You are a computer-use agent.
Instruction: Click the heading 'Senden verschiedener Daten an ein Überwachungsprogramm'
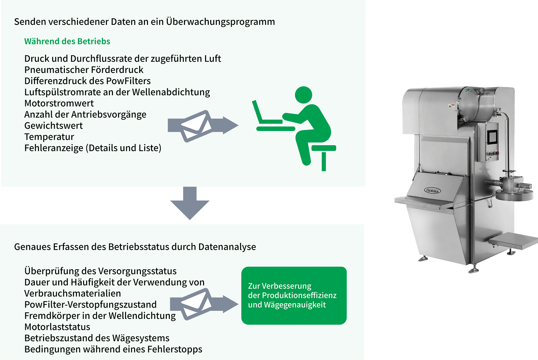[145, 22]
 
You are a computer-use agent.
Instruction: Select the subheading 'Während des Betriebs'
[67, 41]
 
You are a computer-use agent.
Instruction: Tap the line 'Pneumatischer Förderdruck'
[84, 70]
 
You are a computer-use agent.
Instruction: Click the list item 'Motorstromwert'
[59, 103]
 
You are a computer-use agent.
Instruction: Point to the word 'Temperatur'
[49, 137]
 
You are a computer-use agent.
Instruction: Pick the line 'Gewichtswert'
[54, 126]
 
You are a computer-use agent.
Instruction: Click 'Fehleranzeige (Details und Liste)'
[93, 148]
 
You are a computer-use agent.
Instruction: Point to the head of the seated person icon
[303, 95]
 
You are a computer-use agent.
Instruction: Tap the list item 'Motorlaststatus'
[57, 327]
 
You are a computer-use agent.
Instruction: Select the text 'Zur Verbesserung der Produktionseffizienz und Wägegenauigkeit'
[292, 295]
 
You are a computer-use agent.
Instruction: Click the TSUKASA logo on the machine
[432, 191]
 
